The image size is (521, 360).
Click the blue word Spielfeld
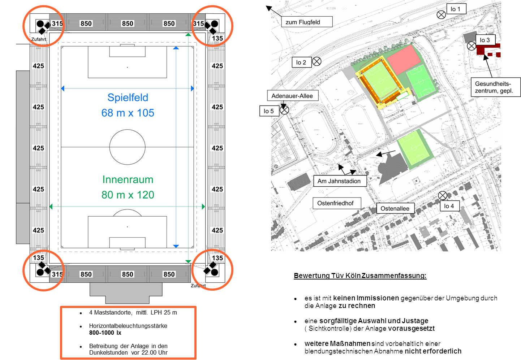point(128,97)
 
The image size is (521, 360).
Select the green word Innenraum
point(128,179)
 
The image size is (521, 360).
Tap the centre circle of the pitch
point(127,147)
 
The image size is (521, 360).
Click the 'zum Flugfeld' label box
point(306,22)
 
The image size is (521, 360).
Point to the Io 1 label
point(456,9)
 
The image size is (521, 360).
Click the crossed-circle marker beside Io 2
point(317,61)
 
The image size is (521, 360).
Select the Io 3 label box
point(485,40)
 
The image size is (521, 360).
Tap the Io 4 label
point(449,206)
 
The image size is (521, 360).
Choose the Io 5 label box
point(269,111)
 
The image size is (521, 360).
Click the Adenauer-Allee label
point(292,96)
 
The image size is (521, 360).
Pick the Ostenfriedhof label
point(336,203)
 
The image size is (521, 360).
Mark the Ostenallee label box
point(395,208)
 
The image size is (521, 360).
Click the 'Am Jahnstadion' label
point(339,181)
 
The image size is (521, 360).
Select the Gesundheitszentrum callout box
point(495,87)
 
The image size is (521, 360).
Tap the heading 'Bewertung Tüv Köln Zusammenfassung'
point(360,276)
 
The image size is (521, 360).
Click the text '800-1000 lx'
point(105,333)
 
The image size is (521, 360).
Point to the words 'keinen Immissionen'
point(366,298)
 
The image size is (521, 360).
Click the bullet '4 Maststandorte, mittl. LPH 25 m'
point(133,312)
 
